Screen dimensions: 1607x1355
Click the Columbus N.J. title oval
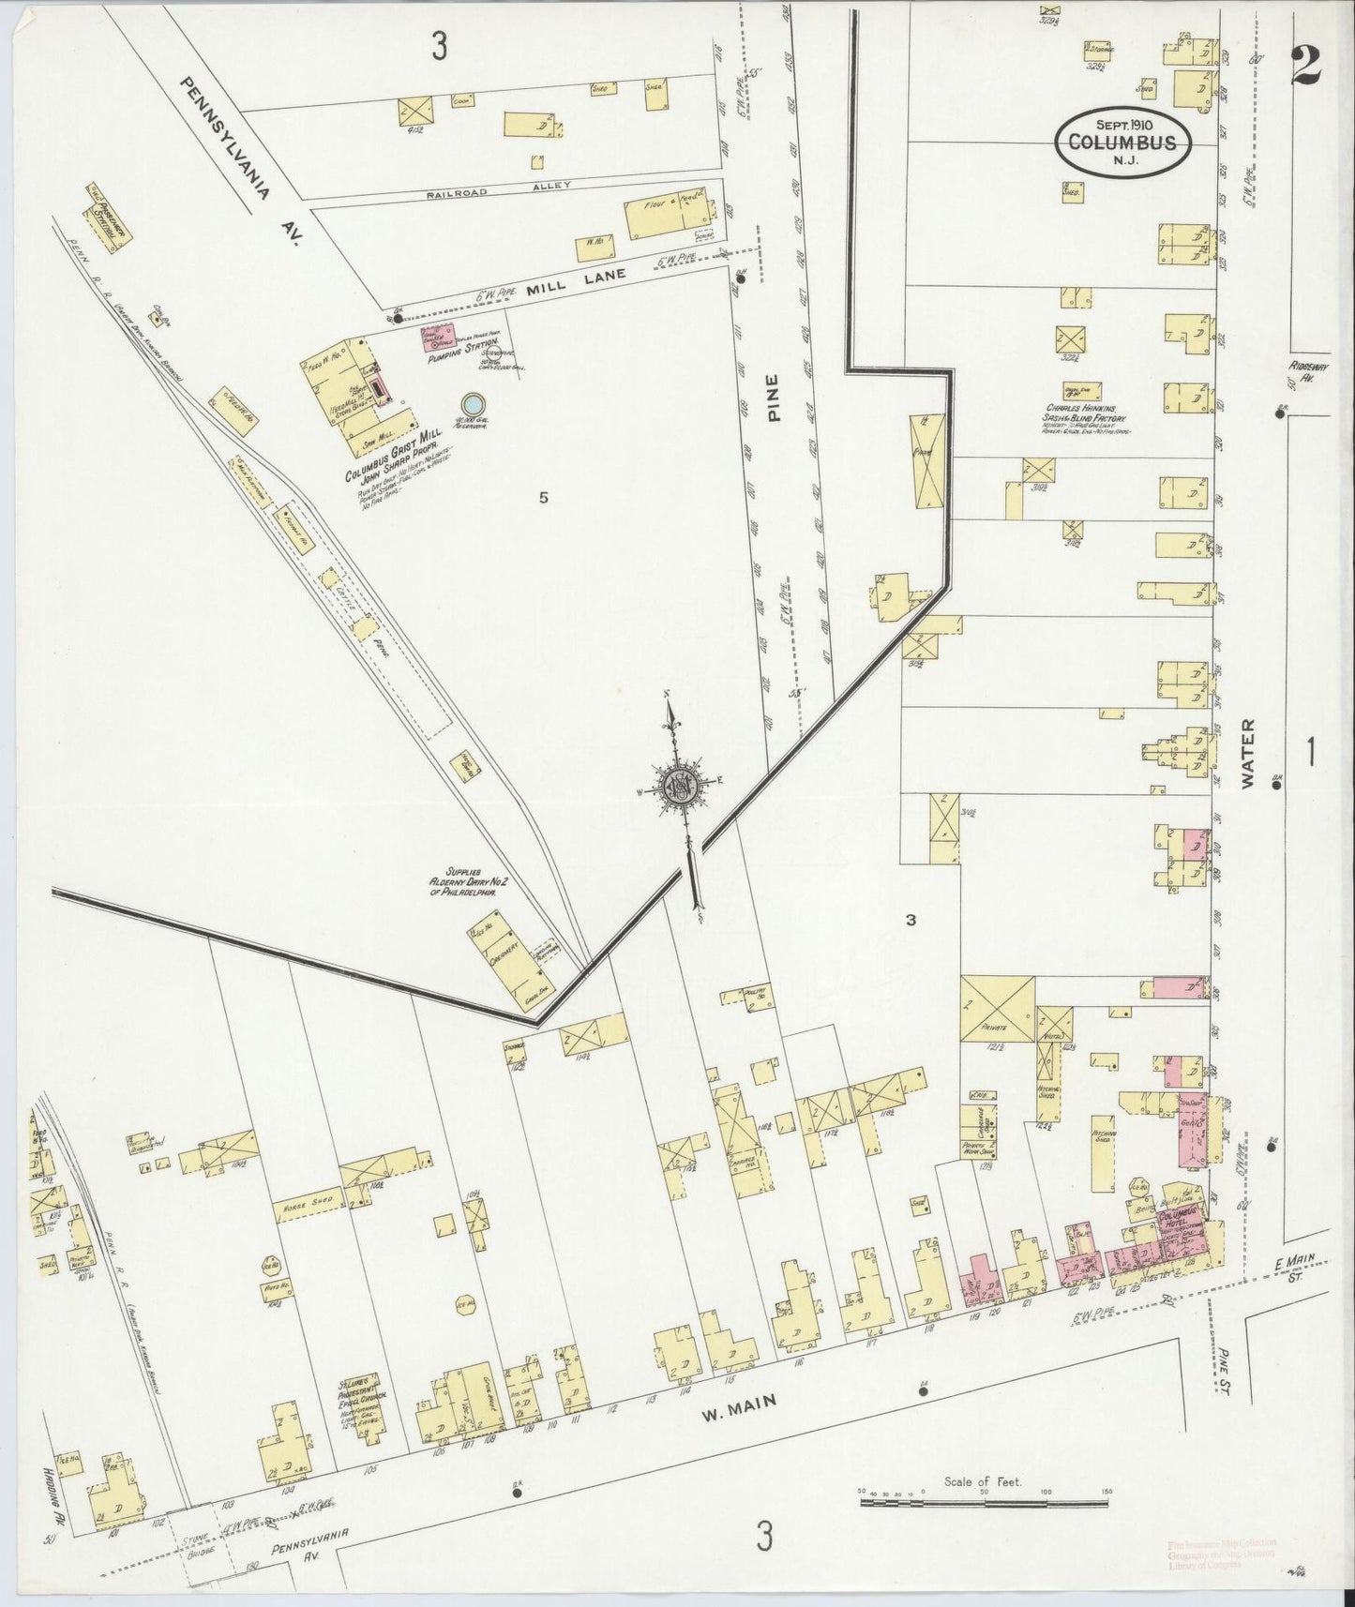1127,143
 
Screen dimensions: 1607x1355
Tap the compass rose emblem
678,788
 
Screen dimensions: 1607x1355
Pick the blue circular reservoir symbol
474,403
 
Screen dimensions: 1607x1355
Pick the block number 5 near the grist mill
542,498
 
